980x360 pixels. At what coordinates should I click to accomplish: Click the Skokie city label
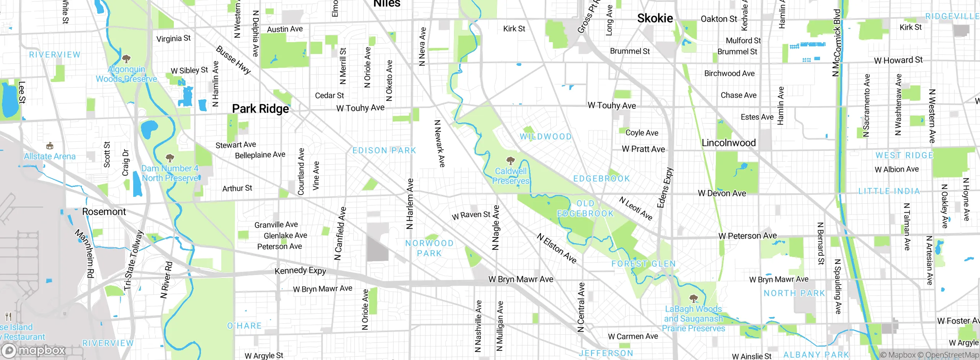tap(655, 18)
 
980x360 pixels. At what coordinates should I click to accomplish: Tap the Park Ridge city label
tap(260, 109)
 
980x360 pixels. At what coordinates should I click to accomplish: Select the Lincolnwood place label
tap(728, 143)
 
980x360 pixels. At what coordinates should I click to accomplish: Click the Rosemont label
tap(104, 212)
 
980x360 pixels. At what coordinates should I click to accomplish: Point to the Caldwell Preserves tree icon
tap(510, 160)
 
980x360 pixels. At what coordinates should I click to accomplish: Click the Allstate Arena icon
tap(49, 146)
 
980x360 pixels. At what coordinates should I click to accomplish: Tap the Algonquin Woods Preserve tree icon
tap(126, 59)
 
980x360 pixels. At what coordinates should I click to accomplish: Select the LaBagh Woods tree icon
tap(693, 298)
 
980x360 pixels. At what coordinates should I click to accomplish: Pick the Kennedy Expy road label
tap(300, 271)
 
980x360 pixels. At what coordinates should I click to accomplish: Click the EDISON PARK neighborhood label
tap(384, 151)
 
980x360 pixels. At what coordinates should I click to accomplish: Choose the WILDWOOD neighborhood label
tap(546, 137)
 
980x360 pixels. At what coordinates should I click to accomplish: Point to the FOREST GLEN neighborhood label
tap(643, 264)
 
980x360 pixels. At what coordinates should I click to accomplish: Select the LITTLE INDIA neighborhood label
tap(889, 191)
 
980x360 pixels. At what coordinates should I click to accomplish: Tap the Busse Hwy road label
tap(233, 60)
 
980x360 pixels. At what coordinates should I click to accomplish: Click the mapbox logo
tap(34, 350)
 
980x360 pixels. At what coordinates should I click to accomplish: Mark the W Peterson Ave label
tap(747, 236)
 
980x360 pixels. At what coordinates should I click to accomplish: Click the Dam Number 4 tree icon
tap(170, 158)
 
